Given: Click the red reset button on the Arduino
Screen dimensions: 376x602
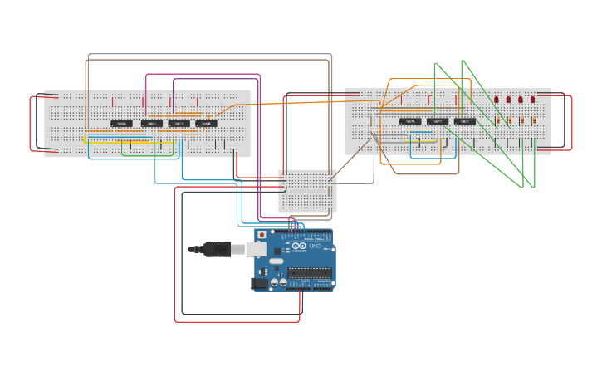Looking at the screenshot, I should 262,235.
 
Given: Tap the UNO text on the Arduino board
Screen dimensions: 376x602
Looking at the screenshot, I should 316,247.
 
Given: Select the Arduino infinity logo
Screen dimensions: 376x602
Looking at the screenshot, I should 301,247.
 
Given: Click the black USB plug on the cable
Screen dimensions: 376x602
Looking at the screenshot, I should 218,249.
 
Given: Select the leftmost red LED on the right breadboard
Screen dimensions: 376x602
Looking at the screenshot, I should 497,100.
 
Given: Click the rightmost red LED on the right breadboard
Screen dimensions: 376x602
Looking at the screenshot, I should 533,100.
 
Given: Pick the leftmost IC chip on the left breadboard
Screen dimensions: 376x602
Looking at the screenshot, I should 121,124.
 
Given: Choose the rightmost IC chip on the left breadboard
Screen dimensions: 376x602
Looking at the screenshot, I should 206,124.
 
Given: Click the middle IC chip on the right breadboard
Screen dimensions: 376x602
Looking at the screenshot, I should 438,121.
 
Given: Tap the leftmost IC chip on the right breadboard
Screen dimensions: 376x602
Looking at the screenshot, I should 410,121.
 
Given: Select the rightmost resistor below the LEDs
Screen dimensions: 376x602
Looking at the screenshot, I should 533,120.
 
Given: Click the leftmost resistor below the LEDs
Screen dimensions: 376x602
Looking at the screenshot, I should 497,120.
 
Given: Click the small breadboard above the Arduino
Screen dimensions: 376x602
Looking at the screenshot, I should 308,191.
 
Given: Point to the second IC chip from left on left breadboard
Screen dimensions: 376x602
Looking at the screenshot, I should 151,124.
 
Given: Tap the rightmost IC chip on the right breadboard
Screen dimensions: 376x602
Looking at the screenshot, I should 465,121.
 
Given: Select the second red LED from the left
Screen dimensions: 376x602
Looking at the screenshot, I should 509,100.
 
